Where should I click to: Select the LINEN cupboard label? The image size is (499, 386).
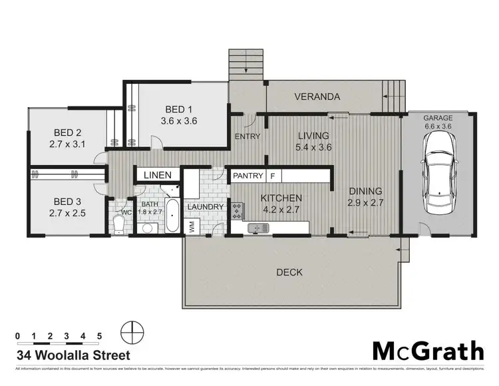[157, 175]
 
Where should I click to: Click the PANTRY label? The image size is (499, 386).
[247, 176]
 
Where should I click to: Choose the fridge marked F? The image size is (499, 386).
[273, 176]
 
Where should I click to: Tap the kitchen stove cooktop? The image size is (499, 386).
[237, 210]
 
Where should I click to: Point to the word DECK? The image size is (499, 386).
[289, 272]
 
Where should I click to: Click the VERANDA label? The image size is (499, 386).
[317, 97]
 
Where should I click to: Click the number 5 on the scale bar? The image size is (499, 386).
[99, 335]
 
